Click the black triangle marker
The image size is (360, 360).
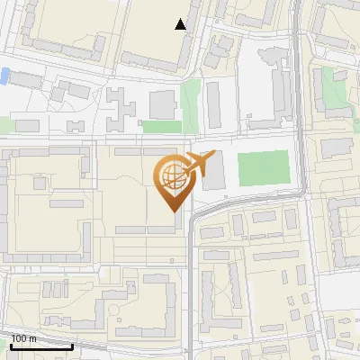pos(181,24)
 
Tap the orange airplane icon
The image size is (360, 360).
pos(200,165)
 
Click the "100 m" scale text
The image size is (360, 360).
pos(23,338)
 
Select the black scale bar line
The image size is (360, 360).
pos(41,346)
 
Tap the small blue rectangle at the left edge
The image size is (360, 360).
pos(5,76)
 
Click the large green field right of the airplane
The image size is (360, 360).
pos(263,169)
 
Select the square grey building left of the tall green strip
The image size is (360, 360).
pos(163,104)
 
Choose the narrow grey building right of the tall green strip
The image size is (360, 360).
pos(213,105)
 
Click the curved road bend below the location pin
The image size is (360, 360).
pos(200,214)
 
